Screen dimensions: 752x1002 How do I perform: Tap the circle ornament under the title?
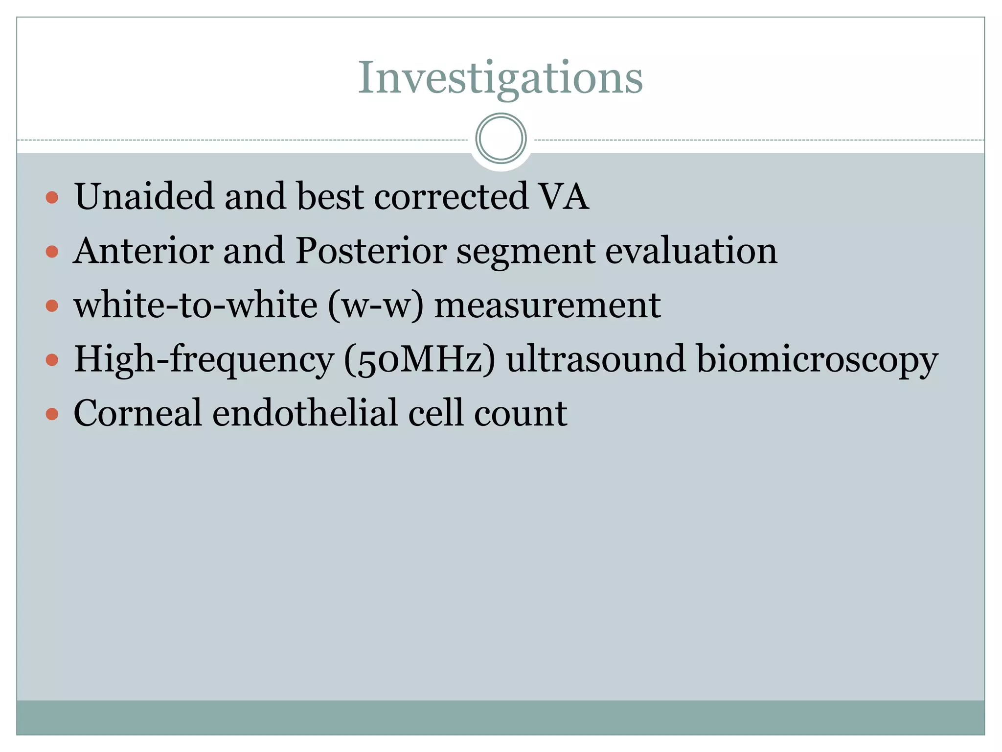click(x=501, y=139)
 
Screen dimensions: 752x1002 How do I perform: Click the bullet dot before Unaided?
click(x=52, y=198)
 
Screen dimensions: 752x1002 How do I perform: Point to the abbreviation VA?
click(x=563, y=196)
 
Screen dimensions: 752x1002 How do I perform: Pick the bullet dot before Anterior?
click(x=52, y=252)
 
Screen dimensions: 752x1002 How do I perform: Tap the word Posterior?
click(x=371, y=251)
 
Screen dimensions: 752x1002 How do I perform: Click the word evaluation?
click(x=691, y=251)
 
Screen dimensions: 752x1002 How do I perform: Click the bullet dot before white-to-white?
click(x=52, y=306)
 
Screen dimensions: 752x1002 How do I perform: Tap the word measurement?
click(x=547, y=305)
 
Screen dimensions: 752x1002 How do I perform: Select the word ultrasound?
click(x=596, y=359)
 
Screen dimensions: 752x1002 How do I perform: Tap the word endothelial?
click(x=304, y=413)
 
